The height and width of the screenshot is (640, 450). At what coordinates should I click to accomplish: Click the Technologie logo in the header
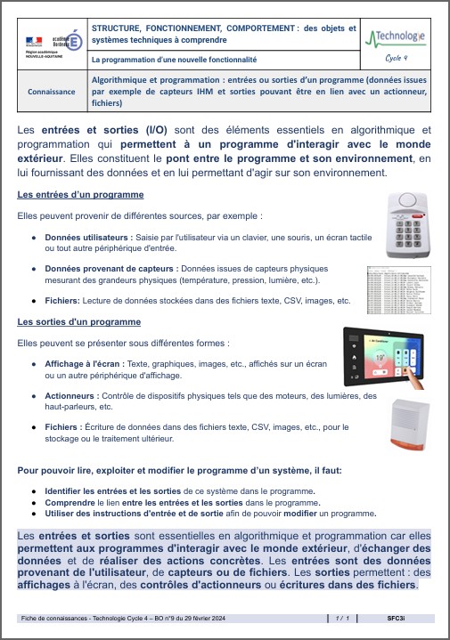(397, 37)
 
